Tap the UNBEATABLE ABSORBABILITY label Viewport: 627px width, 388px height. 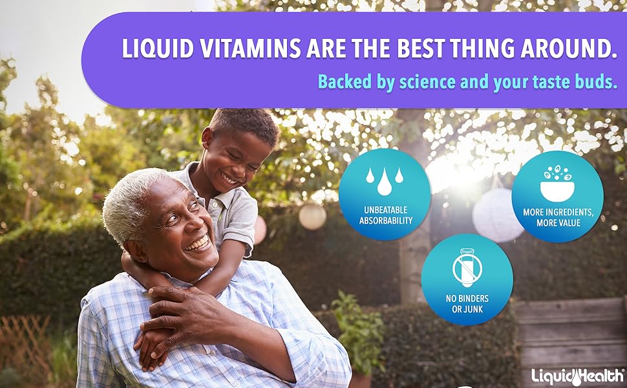coord(385,216)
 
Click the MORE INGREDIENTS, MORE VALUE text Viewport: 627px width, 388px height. coord(558,217)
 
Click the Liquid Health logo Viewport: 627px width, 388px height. coord(577,375)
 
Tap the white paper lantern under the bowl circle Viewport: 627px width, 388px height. coord(496,217)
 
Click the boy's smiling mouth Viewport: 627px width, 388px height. coord(229,177)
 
